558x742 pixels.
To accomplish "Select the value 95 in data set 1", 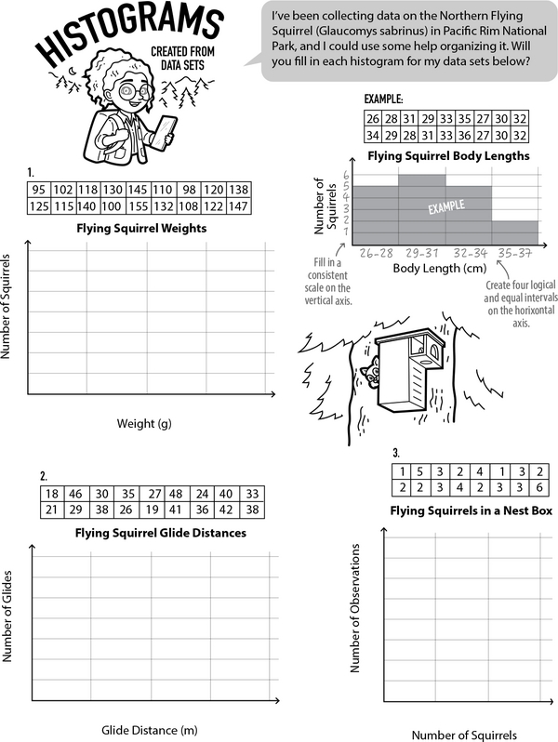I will point(39,188).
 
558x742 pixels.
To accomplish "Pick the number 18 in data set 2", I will point(52,494).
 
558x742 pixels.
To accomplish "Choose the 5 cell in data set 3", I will point(420,471).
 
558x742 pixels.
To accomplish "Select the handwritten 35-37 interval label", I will point(514,251).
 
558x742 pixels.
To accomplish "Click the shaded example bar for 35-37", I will point(514,232).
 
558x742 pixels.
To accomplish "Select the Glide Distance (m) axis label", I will point(150,728).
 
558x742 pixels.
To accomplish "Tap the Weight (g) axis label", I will point(144,424).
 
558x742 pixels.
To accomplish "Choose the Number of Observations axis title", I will point(355,608).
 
